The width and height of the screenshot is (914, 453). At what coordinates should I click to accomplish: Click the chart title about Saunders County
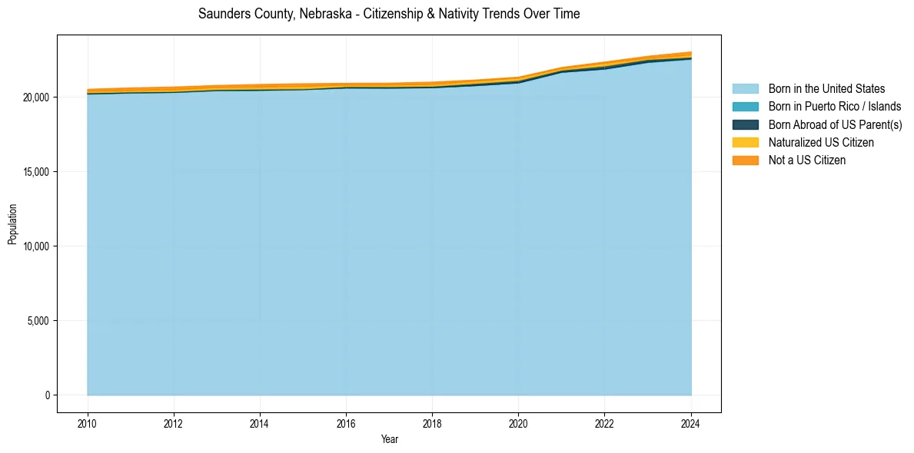pos(389,14)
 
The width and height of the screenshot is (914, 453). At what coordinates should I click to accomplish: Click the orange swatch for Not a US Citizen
pos(745,160)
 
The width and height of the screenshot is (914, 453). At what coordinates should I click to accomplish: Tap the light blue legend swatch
pos(745,89)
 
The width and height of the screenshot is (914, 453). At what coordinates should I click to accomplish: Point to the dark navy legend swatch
pos(745,124)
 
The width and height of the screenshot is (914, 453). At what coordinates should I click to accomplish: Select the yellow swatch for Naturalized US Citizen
pos(745,143)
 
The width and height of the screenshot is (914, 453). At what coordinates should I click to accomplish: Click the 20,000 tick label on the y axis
pos(35,98)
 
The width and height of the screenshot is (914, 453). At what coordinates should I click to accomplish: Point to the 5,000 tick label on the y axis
pos(38,321)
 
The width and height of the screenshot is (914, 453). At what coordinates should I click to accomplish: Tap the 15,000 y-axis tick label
pos(35,172)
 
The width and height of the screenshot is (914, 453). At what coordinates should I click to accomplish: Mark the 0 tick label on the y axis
pos(47,395)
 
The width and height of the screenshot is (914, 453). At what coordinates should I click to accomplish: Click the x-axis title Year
pos(389,439)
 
